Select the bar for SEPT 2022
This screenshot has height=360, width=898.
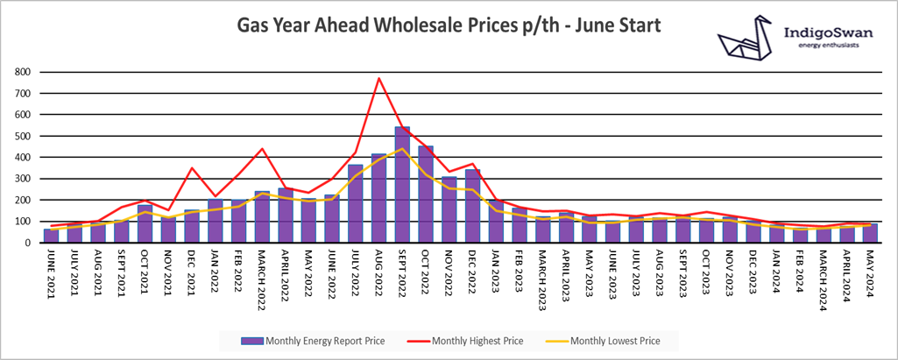tap(402, 184)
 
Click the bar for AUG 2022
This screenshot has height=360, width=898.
tap(378, 198)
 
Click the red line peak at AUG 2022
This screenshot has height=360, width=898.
tap(378, 79)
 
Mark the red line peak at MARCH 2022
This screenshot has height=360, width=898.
tap(261, 149)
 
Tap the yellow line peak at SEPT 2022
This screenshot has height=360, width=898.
tap(402, 149)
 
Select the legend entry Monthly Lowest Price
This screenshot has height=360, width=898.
tap(614, 341)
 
